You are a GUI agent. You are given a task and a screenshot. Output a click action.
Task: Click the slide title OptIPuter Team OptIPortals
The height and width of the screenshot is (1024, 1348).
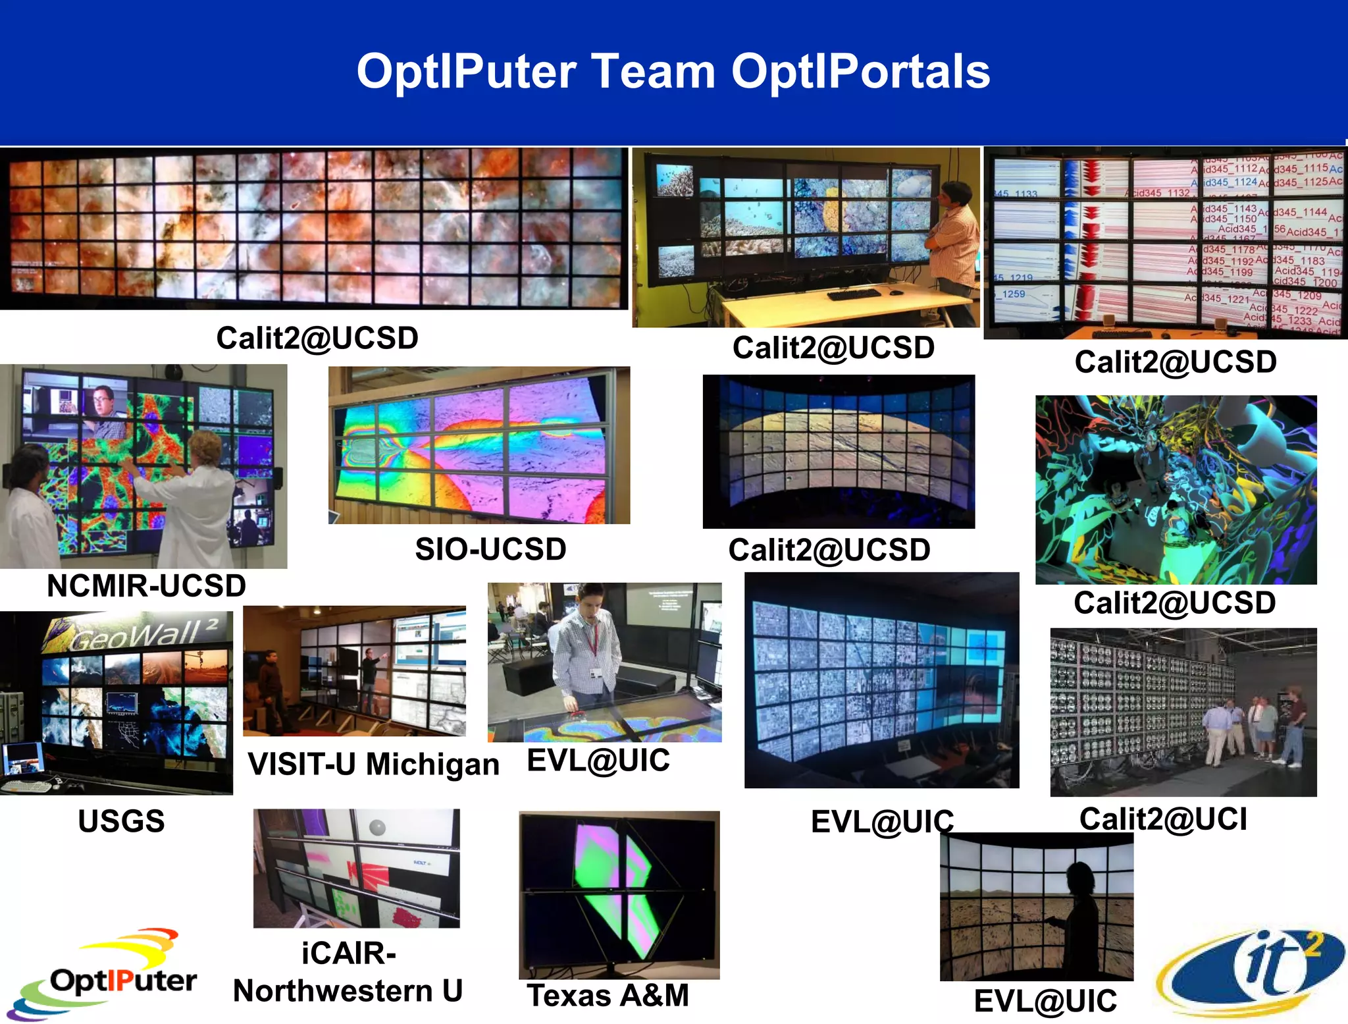(x=673, y=72)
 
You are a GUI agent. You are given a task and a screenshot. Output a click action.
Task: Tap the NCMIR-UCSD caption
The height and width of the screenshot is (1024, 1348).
(x=146, y=585)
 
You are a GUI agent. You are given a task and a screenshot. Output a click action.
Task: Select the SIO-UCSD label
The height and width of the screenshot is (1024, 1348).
(x=490, y=549)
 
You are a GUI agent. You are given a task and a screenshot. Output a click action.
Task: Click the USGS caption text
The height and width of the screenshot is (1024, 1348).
(x=121, y=821)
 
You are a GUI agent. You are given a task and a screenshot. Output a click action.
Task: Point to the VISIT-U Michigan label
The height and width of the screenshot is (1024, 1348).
(x=373, y=765)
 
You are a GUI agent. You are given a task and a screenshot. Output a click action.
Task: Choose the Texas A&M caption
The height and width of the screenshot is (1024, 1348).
(x=608, y=995)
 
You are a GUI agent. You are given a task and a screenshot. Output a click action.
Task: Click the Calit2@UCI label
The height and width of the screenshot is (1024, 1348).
(x=1163, y=819)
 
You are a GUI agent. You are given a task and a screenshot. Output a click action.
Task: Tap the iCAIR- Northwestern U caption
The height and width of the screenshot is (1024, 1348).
(x=348, y=972)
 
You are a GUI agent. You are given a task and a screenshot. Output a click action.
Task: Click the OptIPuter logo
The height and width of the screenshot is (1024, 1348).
(x=105, y=975)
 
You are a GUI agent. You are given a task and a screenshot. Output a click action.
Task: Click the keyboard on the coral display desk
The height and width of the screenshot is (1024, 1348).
(x=854, y=294)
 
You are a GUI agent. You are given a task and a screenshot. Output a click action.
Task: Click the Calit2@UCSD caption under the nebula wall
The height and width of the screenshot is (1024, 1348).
(x=317, y=338)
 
